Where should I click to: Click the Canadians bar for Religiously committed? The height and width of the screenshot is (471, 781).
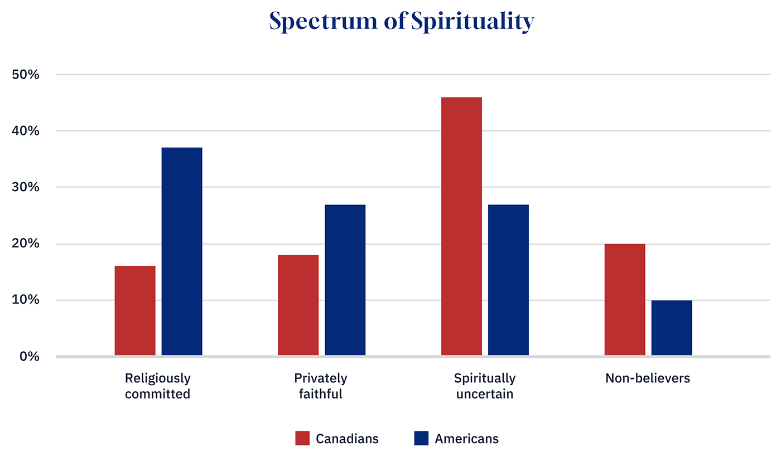135,310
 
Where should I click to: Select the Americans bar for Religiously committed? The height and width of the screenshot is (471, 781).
182,251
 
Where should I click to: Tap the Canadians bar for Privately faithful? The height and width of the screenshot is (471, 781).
298,305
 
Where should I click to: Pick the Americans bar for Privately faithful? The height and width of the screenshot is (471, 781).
345,280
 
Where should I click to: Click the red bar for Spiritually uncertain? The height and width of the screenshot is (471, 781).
461,226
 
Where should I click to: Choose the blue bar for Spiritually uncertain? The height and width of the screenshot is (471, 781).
508,280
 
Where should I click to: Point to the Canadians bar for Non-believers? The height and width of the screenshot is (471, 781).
625,299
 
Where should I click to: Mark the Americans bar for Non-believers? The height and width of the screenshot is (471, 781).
672,328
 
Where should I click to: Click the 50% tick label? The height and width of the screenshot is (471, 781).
25,75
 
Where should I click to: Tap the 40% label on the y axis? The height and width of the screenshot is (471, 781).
25,131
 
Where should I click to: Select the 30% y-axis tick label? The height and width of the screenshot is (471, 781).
25,187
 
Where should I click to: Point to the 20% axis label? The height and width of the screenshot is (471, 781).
25,244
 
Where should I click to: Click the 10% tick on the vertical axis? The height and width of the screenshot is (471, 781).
25,300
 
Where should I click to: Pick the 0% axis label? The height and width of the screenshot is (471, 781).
28,356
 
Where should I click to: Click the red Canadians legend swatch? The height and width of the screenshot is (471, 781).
302,439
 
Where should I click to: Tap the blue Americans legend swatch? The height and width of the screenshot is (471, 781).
421,439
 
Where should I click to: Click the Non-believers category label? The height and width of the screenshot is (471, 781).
648,378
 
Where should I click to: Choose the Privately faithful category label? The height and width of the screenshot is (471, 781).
321,386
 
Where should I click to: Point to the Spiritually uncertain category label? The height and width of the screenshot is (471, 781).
484,386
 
